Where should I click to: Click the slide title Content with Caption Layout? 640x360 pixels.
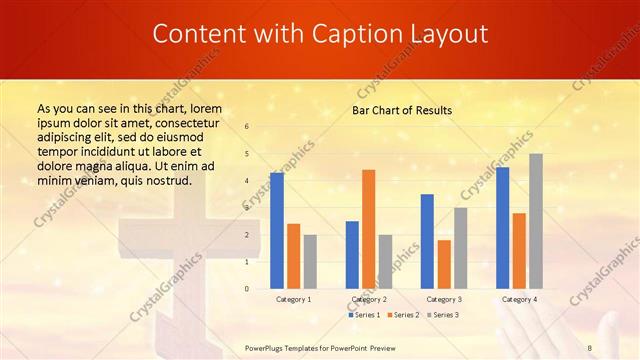pos(320,34)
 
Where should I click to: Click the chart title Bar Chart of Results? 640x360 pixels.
pos(402,110)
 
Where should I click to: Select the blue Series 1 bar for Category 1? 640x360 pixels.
pos(277,230)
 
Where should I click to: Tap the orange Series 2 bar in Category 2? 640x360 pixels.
pos(368,229)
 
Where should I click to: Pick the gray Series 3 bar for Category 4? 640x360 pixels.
pos(536,221)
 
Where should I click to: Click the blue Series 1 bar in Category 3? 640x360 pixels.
pos(427,241)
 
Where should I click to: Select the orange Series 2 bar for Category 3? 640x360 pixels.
pos(444,264)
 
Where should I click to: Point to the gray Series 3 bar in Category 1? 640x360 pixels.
pos(310,261)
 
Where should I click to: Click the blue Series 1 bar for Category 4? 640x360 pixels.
pos(502,227)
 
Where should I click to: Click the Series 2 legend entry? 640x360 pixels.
pos(404,315)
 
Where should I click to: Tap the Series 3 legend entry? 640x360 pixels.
pos(444,315)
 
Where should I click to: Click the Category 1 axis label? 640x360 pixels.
pos(293,299)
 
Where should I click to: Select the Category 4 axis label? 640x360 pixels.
pos(519,299)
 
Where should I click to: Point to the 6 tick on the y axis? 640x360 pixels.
pos(247,127)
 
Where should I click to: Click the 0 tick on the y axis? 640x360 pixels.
pos(247,289)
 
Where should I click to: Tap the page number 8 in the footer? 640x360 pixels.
pos(590,347)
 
